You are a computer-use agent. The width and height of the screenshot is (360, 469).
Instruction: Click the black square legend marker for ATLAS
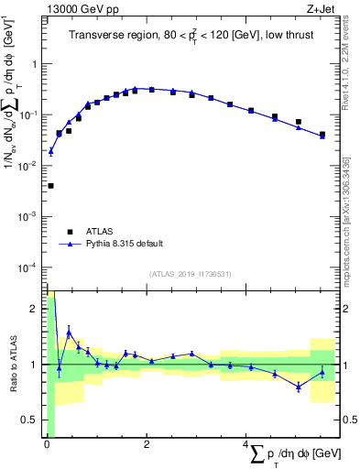pyautogui.click(x=68, y=232)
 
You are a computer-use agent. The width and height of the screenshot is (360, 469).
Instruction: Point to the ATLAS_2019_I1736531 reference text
pyautogui.click(x=191, y=274)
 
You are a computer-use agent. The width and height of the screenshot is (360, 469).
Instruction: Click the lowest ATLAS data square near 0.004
pyautogui.click(x=50, y=186)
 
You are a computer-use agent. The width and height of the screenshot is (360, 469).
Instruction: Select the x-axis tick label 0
pyautogui.click(x=46, y=445)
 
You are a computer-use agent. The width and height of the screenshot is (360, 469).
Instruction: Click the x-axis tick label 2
pyautogui.click(x=146, y=445)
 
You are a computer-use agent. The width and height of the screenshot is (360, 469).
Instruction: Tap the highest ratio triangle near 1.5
pyautogui.click(x=69, y=332)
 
